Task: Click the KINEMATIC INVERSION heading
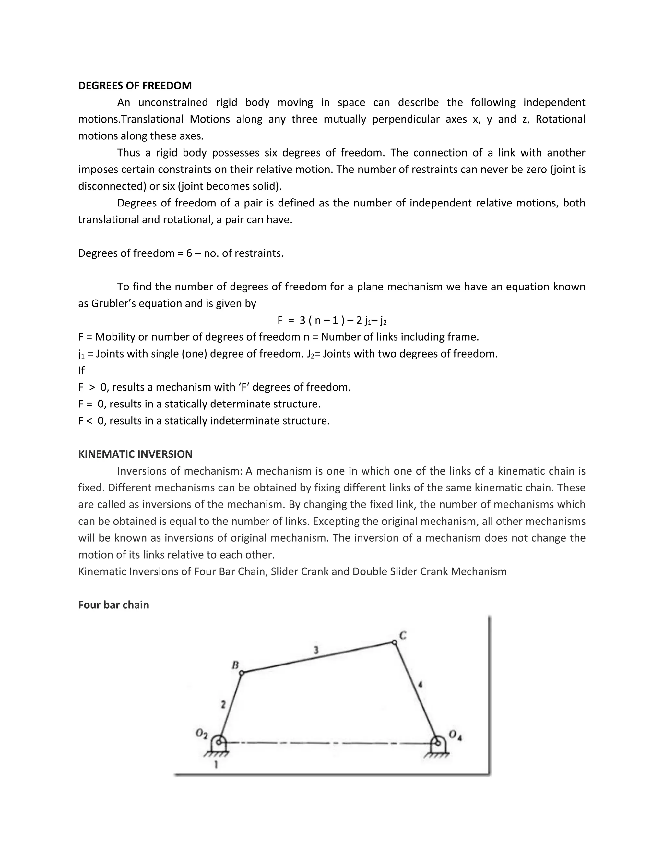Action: (135, 454)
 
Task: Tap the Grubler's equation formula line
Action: (332, 320)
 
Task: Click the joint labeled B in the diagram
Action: (242, 673)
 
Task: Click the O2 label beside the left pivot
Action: (201, 734)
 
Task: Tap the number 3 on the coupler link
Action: (316, 650)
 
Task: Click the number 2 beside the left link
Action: (223, 704)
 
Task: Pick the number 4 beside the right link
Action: (420, 685)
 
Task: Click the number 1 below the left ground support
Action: (216, 765)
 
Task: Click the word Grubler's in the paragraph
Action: (111, 303)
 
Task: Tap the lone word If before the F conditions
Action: (81, 370)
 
